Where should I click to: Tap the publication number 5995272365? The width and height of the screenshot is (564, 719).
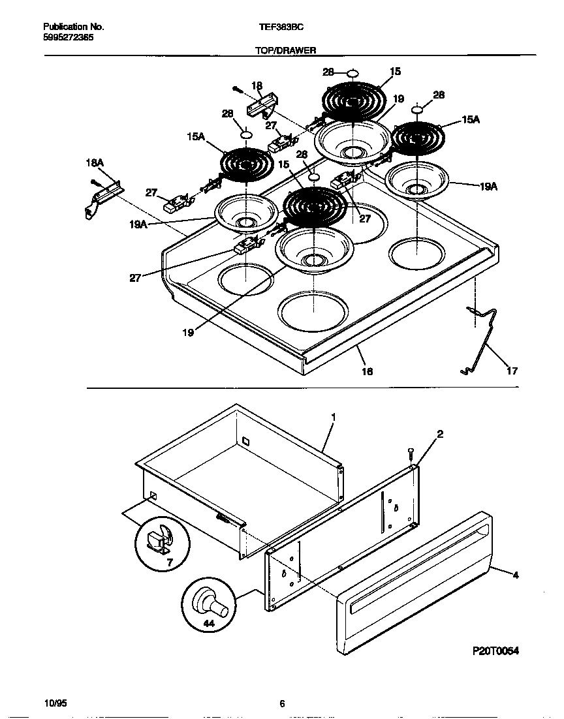(x=68, y=38)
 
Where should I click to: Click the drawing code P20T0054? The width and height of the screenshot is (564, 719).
(x=495, y=651)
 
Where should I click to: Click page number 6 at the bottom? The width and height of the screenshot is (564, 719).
(x=282, y=703)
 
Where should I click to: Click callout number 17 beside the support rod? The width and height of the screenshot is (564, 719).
(x=512, y=371)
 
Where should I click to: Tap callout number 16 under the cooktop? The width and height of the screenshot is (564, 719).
(x=367, y=371)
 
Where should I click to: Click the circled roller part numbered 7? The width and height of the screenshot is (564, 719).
(x=163, y=543)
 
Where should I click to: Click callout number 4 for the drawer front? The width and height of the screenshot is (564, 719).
(x=516, y=575)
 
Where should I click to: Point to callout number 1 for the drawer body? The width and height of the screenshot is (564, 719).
(x=333, y=416)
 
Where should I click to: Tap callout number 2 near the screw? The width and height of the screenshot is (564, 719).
(x=440, y=434)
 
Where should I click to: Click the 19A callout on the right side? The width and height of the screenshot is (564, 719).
(x=488, y=186)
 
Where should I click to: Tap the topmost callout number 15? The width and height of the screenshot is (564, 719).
(x=396, y=72)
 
